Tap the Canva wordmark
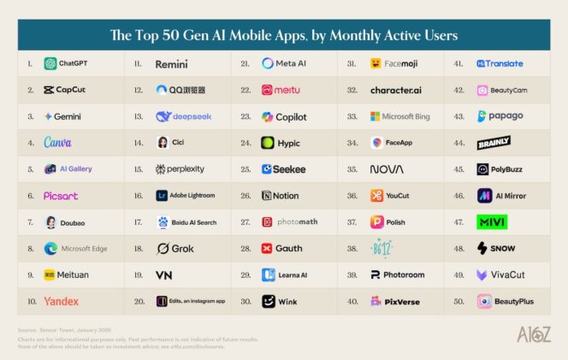click(x=57, y=143)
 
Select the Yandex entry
click(x=61, y=301)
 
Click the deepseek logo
click(x=184, y=116)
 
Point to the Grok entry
click(x=175, y=249)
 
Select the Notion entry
click(x=281, y=196)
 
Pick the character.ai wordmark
click(x=395, y=90)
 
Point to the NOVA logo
click(x=387, y=169)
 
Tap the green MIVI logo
click(x=492, y=222)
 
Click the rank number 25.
click(x=245, y=169)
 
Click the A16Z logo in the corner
click(x=533, y=334)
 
